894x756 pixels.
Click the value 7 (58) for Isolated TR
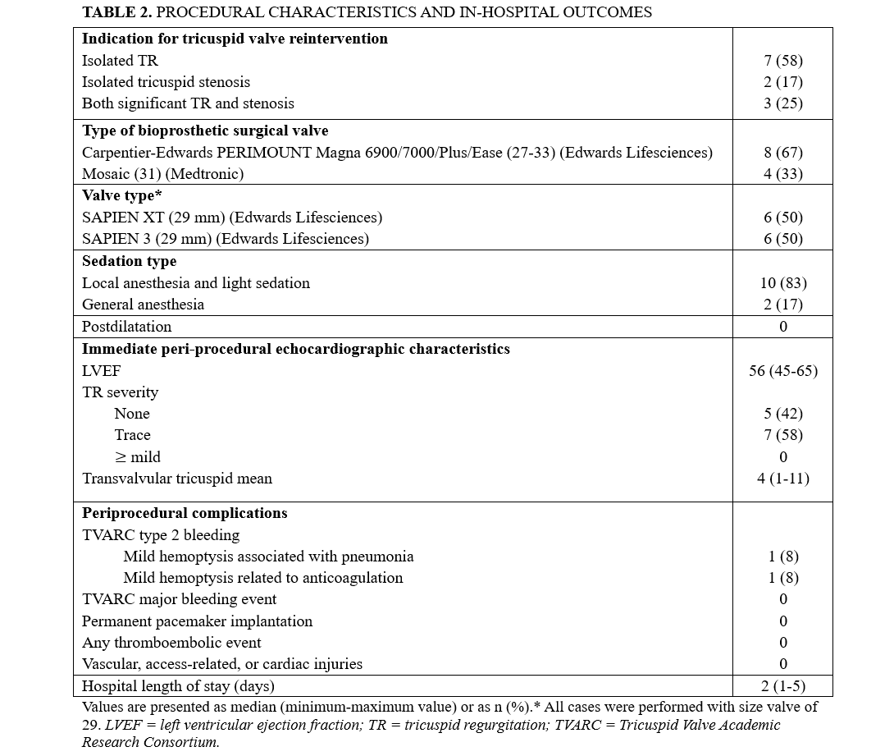pyautogui.click(x=782, y=61)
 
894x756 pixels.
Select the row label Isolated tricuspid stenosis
pyautogui.click(x=166, y=82)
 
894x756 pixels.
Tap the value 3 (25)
pyautogui.click(x=782, y=103)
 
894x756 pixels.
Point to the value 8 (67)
pyautogui.click(x=782, y=153)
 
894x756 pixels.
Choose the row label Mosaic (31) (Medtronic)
pyautogui.click(x=162, y=174)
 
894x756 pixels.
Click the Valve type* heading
pyautogui.click(x=120, y=195)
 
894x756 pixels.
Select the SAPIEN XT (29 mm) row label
pyautogui.click(x=232, y=218)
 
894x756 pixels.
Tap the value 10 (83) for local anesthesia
pyautogui.click(x=782, y=283)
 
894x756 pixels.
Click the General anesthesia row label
pyautogui.click(x=143, y=305)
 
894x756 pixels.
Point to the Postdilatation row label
pyautogui.click(x=126, y=327)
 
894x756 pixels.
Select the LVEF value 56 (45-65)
pyautogui.click(x=782, y=371)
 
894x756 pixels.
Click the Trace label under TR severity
pyautogui.click(x=132, y=435)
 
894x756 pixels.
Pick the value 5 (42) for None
pyautogui.click(x=782, y=414)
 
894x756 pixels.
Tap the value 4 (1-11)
pyautogui.click(x=782, y=479)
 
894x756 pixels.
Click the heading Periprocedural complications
pyautogui.click(x=185, y=513)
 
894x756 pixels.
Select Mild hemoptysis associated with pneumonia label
pyautogui.click(x=268, y=557)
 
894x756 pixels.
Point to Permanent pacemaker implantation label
pyautogui.click(x=197, y=621)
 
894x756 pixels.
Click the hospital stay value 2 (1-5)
pyautogui.click(x=782, y=686)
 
